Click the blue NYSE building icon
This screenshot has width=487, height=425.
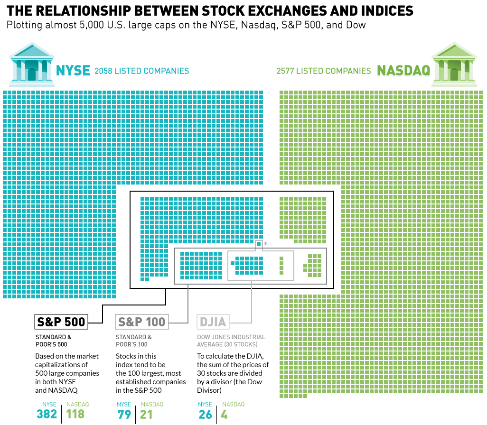pos(31,65)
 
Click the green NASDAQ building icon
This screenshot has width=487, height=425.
pos(454,65)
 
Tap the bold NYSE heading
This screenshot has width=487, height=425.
pos(73,71)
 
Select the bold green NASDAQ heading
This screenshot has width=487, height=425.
pos(403,71)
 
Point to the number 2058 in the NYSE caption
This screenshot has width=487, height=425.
pos(104,71)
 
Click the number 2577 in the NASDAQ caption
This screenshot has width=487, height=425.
pos(286,71)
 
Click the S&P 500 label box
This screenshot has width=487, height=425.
pos(61,322)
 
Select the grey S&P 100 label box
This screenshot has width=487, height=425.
pos(142,322)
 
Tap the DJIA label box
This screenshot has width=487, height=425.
pos(213,322)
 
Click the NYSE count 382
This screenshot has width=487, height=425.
pos(47,414)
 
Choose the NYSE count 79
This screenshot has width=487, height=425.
pos(124,414)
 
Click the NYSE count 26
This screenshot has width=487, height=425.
pos(205,414)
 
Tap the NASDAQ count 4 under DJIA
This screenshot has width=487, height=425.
pos(225,414)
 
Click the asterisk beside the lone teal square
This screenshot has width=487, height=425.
pos(266,244)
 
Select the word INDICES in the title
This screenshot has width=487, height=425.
pos(382,11)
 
